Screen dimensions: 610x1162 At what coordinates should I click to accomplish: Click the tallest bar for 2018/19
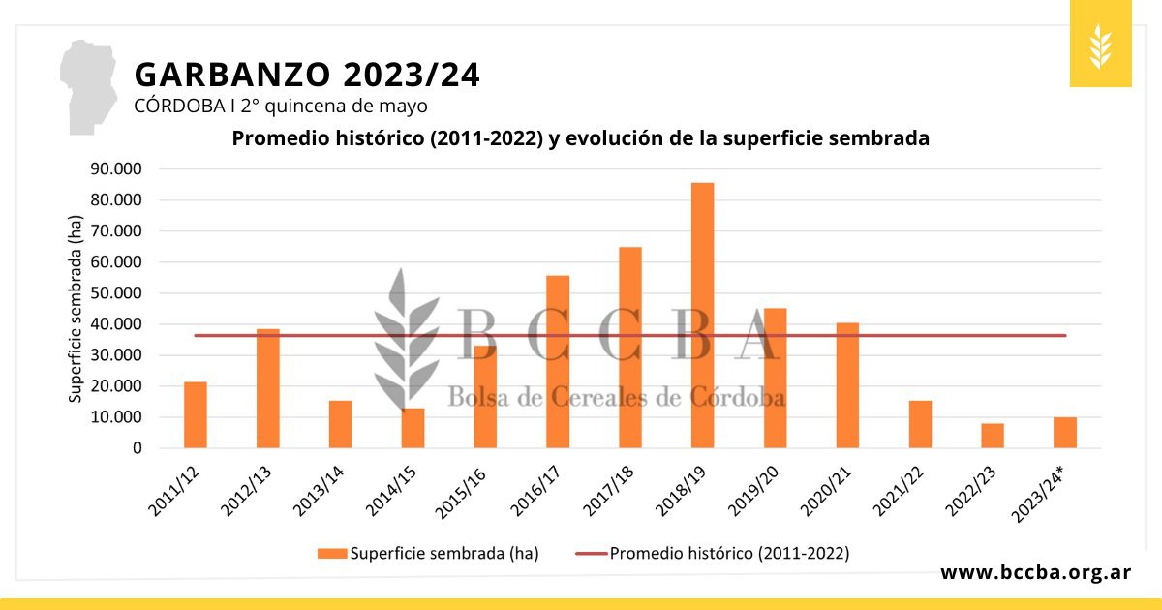[x=702, y=315]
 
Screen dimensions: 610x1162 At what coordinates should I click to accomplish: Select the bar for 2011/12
[x=196, y=415]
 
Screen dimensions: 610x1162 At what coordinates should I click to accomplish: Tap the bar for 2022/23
[x=993, y=436]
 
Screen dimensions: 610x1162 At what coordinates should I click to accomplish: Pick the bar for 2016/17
[x=558, y=362]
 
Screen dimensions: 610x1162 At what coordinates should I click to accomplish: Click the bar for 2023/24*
[x=1065, y=433]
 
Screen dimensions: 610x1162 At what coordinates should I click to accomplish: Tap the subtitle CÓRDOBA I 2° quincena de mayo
[x=281, y=106]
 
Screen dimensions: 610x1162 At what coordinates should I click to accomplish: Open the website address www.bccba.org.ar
[x=1035, y=572]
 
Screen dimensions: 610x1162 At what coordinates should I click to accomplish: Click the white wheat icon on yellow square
[x=1100, y=45]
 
